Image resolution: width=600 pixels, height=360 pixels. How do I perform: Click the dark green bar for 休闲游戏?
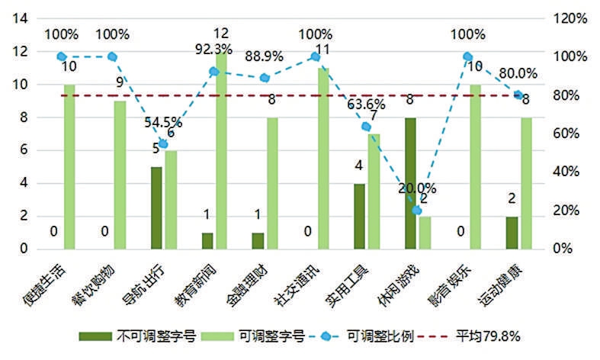(410, 183)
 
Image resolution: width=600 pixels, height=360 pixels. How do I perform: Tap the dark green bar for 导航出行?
(156, 207)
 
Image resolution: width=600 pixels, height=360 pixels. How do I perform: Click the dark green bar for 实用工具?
(359, 216)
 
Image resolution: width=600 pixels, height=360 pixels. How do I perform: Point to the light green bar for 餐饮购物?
(120, 175)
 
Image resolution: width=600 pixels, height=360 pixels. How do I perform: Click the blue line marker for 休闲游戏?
(416, 210)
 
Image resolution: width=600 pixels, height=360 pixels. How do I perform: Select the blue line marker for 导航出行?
(163, 144)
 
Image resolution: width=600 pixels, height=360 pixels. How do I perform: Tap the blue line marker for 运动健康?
(518, 95)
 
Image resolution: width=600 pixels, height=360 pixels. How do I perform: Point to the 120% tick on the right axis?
(569, 18)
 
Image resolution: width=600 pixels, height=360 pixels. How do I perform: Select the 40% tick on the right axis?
(569, 172)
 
